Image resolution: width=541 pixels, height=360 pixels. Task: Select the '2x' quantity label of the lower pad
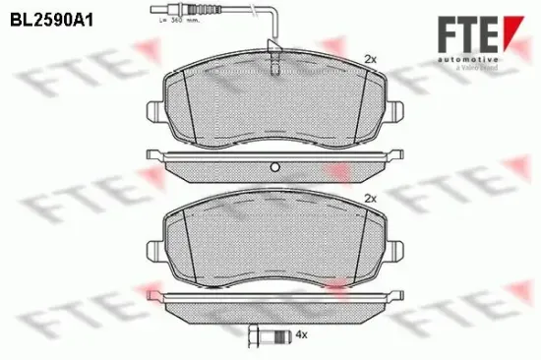pyautogui.click(x=370, y=198)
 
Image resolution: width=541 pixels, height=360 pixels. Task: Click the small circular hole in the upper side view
pyautogui.click(x=275, y=164)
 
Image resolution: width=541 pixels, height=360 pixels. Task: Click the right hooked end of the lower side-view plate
pyautogui.click(x=398, y=295)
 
